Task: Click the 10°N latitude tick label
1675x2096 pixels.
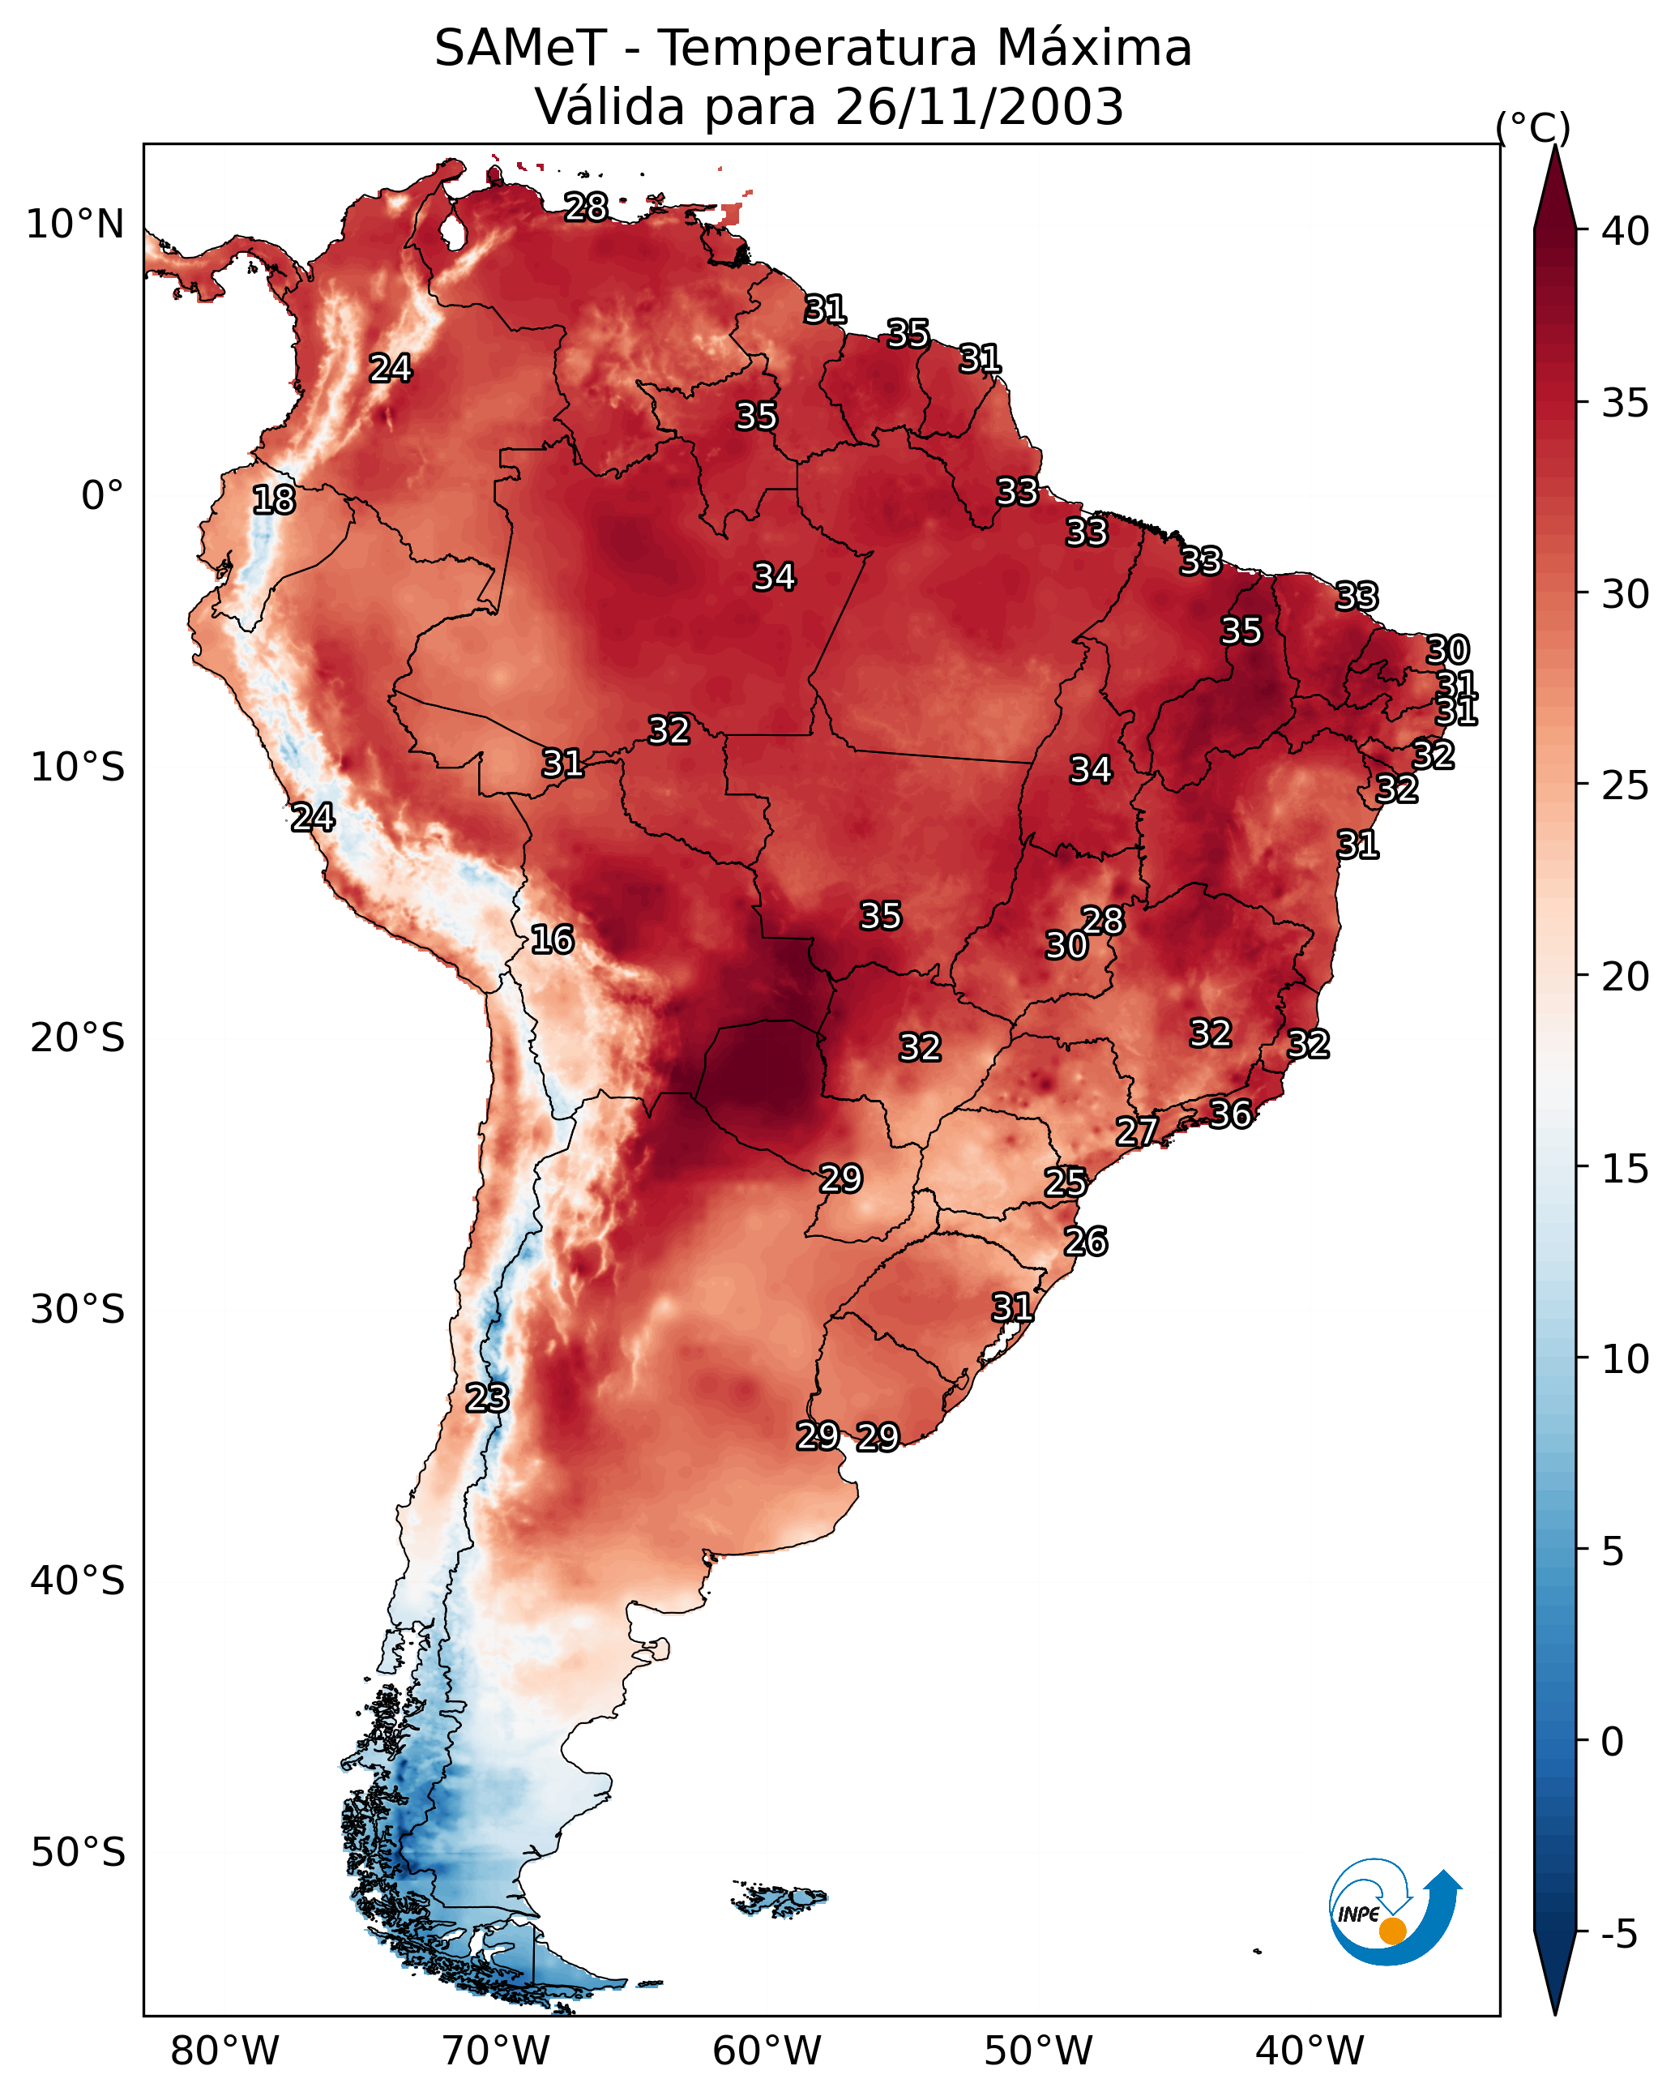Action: pos(75,225)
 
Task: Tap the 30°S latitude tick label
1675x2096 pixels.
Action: pos(78,1310)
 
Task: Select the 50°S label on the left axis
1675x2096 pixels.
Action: pos(78,1853)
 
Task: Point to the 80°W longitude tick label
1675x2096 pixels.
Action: pos(224,2051)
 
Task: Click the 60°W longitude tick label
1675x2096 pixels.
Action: pos(767,2051)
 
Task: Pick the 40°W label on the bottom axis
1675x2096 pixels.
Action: pos(1310,2051)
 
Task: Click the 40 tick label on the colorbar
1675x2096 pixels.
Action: pos(1626,231)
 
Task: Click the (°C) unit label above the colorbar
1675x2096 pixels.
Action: pos(1533,127)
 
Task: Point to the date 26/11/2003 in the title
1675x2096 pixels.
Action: pos(979,106)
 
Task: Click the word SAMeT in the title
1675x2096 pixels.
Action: pos(520,48)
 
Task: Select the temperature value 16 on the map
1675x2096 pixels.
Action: pos(552,939)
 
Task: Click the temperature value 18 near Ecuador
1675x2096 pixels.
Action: pos(274,500)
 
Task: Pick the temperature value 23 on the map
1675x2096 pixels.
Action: pos(487,1398)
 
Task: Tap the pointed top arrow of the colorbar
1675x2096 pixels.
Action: pos(1555,148)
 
